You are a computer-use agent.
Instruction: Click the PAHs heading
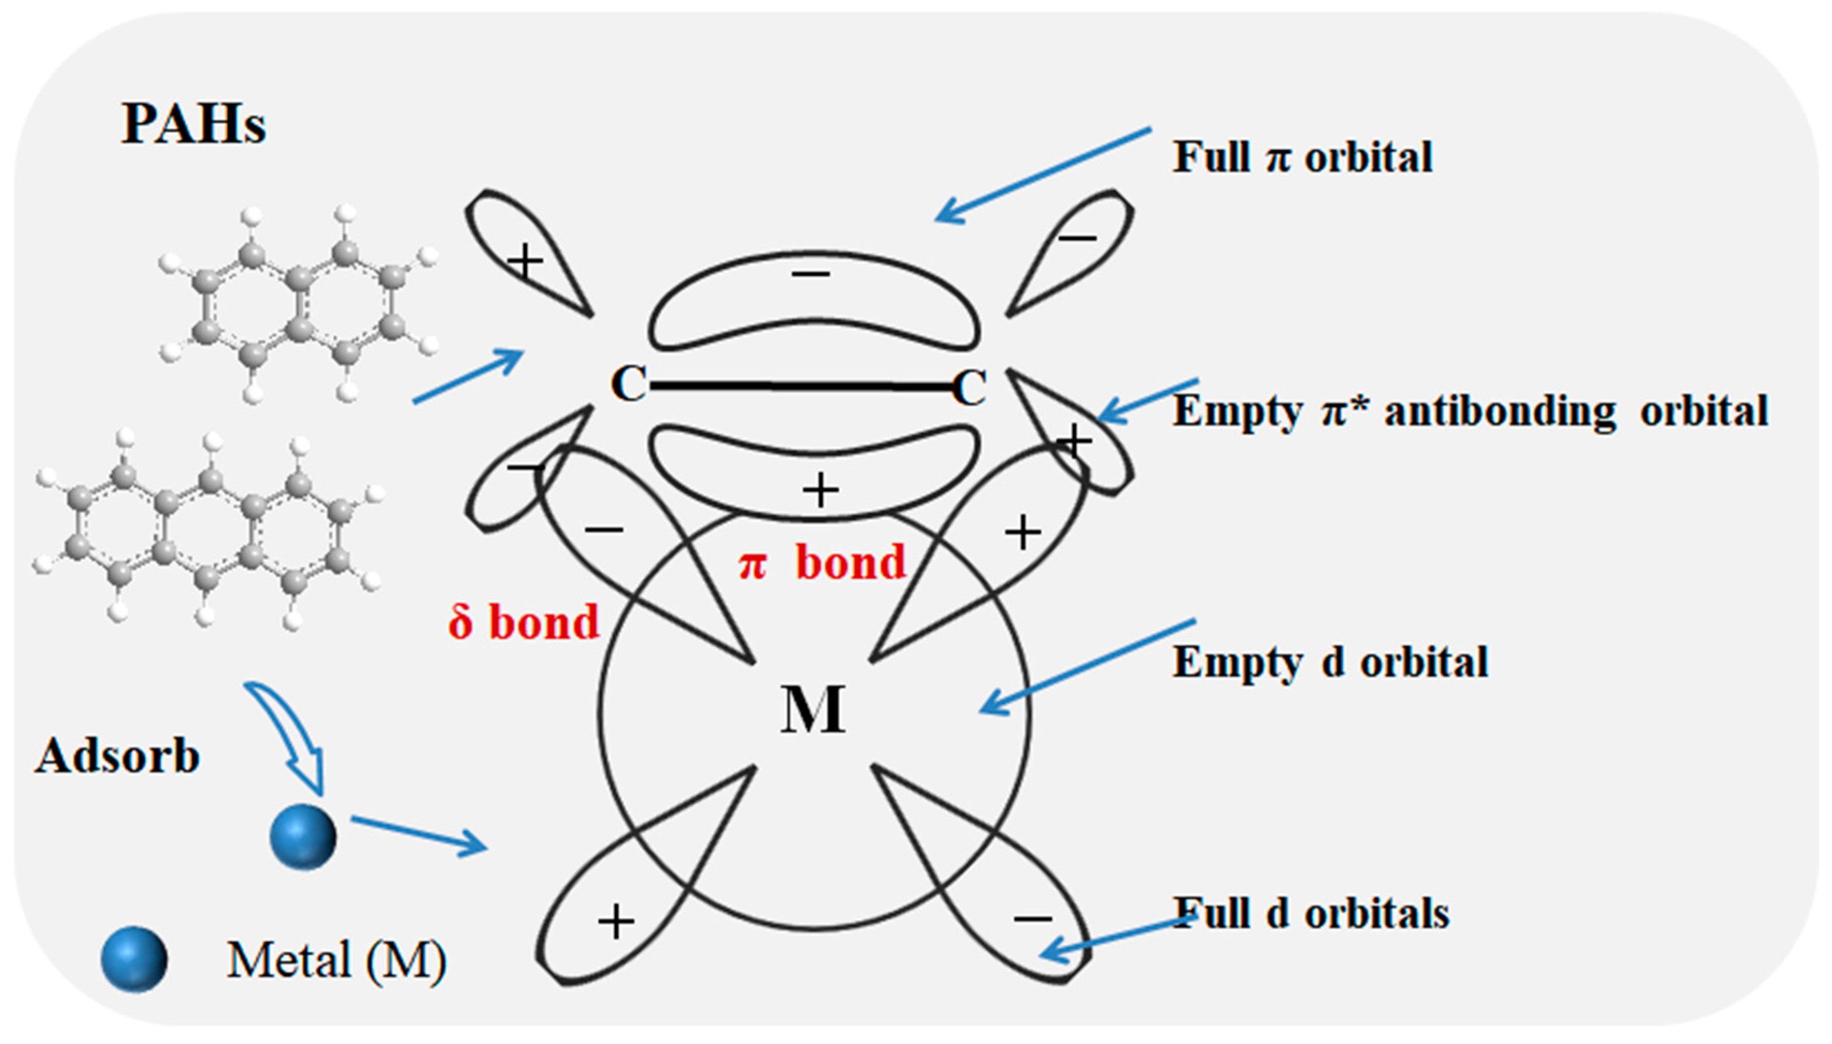coord(194,124)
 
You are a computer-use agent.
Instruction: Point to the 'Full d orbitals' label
coord(1311,913)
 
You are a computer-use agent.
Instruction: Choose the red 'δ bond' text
coord(524,622)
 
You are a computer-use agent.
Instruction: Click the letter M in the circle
coord(813,710)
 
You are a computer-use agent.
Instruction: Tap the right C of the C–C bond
coord(969,388)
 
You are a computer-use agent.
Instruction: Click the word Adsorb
coord(117,757)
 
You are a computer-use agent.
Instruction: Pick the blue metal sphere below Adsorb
coord(303,837)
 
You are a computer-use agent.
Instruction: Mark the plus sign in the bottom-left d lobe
coord(616,922)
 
